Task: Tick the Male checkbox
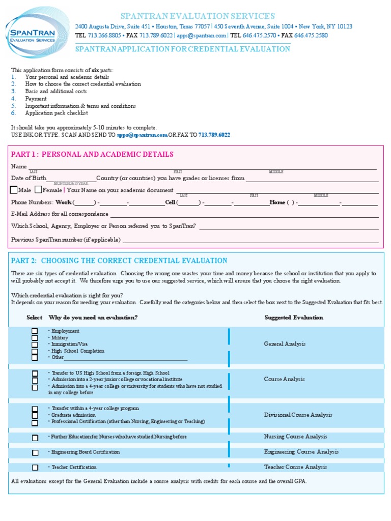point(14,190)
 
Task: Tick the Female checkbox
point(39,190)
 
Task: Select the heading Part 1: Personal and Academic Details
point(92,154)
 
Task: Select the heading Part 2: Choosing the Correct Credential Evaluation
point(119,260)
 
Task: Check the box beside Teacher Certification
point(35,468)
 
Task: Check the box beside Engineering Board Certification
point(35,452)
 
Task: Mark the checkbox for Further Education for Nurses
point(35,438)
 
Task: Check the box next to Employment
point(35,331)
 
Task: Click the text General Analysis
point(285,344)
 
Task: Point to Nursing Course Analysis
point(295,437)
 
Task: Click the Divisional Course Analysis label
point(298,415)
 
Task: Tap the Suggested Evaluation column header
point(294,317)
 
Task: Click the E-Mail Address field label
point(60,214)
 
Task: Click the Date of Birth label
point(29,178)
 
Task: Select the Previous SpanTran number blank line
point(250,240)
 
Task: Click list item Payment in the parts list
point(36,99)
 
